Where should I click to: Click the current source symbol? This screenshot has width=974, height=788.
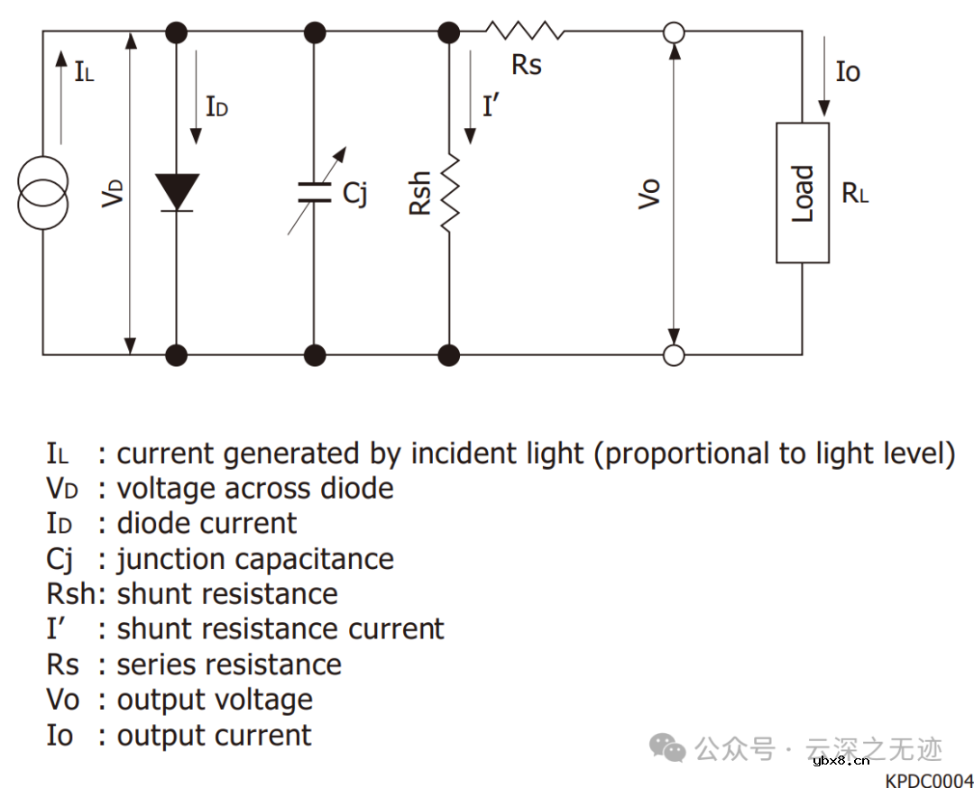click(42, 192)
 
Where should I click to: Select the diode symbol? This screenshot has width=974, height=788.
click(176, 191)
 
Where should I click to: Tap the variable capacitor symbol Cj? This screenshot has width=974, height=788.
click(314, 191)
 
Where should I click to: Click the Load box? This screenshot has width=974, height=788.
click(802, 193)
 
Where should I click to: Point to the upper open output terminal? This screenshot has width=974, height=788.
click(673, 34)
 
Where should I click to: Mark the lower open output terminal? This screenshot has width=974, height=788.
click(673, 354)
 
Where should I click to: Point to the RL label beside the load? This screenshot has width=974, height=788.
click(855, 193)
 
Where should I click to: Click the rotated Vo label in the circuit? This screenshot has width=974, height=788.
click(649, 194)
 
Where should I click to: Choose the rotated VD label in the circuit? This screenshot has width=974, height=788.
click(111, 193)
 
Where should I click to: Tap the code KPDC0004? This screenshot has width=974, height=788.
click(929, 780)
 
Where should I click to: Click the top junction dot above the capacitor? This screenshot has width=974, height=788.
click(314, 34)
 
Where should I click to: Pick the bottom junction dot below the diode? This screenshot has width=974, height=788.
click(177, 354)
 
